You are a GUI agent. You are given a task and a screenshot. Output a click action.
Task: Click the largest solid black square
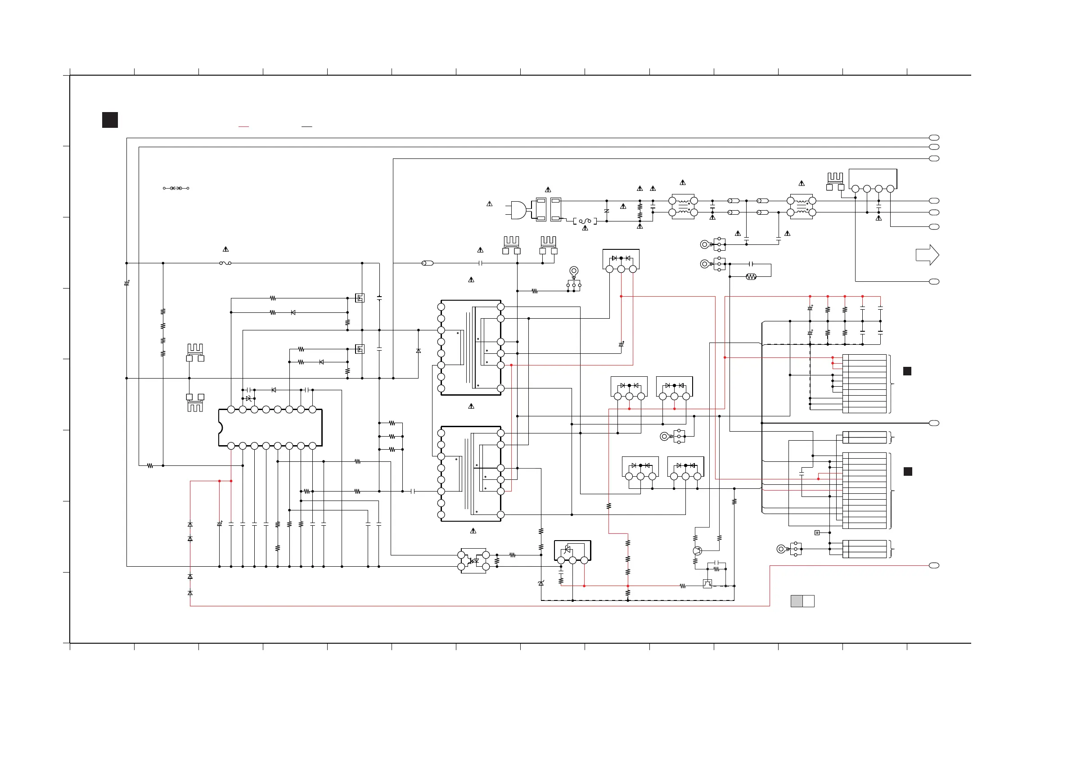pos(110,120)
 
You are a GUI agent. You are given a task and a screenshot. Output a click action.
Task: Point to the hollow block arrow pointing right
pos(927,255)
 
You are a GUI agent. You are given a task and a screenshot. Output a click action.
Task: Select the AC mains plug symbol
pos(518,210)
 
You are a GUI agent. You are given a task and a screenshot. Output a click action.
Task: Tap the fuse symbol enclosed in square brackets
pos(585,221)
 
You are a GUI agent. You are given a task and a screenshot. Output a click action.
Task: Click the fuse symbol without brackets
pos(225,263)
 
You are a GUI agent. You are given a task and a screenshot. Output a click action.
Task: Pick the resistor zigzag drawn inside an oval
pos(751,277)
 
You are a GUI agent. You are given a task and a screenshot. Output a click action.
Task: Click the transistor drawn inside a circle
pos(697,551)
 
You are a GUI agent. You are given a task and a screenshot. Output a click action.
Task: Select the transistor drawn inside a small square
pos(707,583)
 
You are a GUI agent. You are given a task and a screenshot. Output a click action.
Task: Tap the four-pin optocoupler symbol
pos(473,561)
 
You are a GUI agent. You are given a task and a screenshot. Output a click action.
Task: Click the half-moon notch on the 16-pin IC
pos(221,427)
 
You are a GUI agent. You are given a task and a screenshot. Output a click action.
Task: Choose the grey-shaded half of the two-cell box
pos(797,601)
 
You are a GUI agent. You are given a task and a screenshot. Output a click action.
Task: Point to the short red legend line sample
pos(244,126)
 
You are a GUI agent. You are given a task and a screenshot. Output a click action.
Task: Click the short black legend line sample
pos(307,126)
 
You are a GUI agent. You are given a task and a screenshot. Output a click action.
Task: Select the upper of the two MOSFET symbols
pos(360,298)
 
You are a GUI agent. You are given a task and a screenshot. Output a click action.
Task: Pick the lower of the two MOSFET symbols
pos(360,349)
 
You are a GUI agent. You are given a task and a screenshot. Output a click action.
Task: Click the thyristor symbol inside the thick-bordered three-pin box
pos(568,550)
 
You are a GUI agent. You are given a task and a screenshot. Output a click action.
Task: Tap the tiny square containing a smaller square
pos(817,532)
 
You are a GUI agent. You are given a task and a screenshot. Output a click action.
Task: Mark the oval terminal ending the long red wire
pos(934,566)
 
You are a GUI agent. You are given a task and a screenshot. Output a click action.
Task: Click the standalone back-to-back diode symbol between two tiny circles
pos(176,188)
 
